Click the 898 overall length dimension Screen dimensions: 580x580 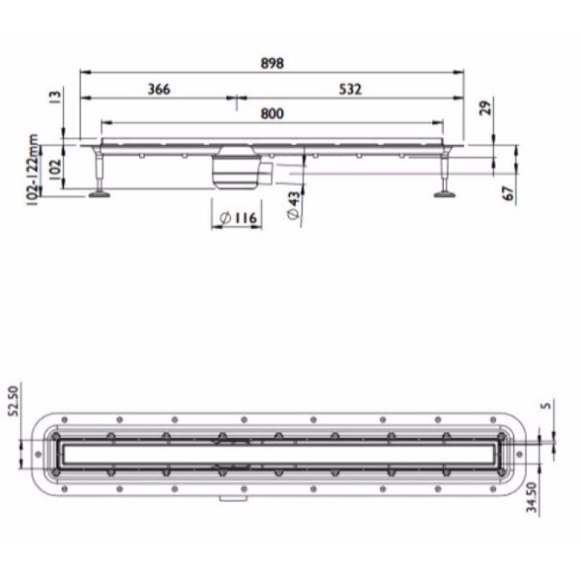(x=273, y=63)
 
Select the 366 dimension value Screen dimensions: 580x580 (x=159, y=89)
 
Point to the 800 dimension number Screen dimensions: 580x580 (x=273, y=113)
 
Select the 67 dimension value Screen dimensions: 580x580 (x=510, y=193)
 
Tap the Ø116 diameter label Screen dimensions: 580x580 (x=237, y=217)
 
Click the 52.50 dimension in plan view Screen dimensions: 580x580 (x=12, y=401)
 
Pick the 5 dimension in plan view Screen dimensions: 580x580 (x=549, y=407)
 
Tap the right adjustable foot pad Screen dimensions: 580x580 (x=443, y=193)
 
